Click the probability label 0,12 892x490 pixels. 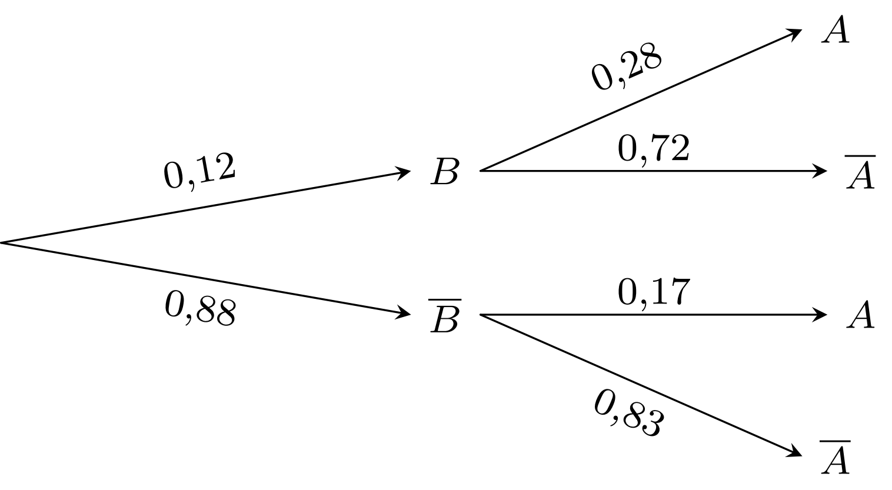coord(199,171)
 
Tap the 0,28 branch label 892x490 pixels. coord(627,66)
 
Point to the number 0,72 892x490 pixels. coord(654,148)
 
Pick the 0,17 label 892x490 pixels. coord(654,292)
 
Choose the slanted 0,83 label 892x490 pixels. coord(629,413)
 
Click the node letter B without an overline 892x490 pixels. coord(445,172)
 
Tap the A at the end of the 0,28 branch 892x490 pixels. coord(836,29)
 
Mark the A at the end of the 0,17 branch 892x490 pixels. coord(861,315)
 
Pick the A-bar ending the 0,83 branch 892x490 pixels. coord(836,457)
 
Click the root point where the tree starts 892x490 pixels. coord(2,242)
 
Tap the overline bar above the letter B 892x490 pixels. coord(445,299)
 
